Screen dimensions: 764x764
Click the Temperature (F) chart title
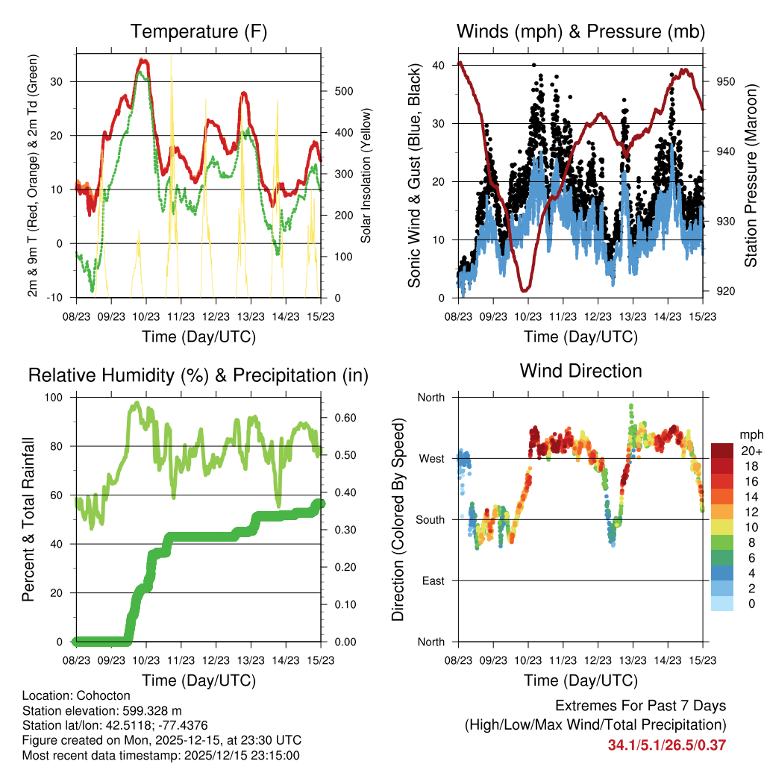click(198, 32)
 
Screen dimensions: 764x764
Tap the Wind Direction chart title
click(580, 371)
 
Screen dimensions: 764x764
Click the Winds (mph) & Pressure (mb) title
click(580, 32)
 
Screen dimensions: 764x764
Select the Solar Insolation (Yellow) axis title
click(366, 176)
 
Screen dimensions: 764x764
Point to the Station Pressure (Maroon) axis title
click(750, 176)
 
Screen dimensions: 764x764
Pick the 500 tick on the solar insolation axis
click(342, 91)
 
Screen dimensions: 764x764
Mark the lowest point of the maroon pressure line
click(525, 289)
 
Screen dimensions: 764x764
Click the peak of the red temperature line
click(143, 60)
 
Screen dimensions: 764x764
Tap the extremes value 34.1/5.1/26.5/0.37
click(667, 745)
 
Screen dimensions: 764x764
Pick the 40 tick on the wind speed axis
click(438, 65)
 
